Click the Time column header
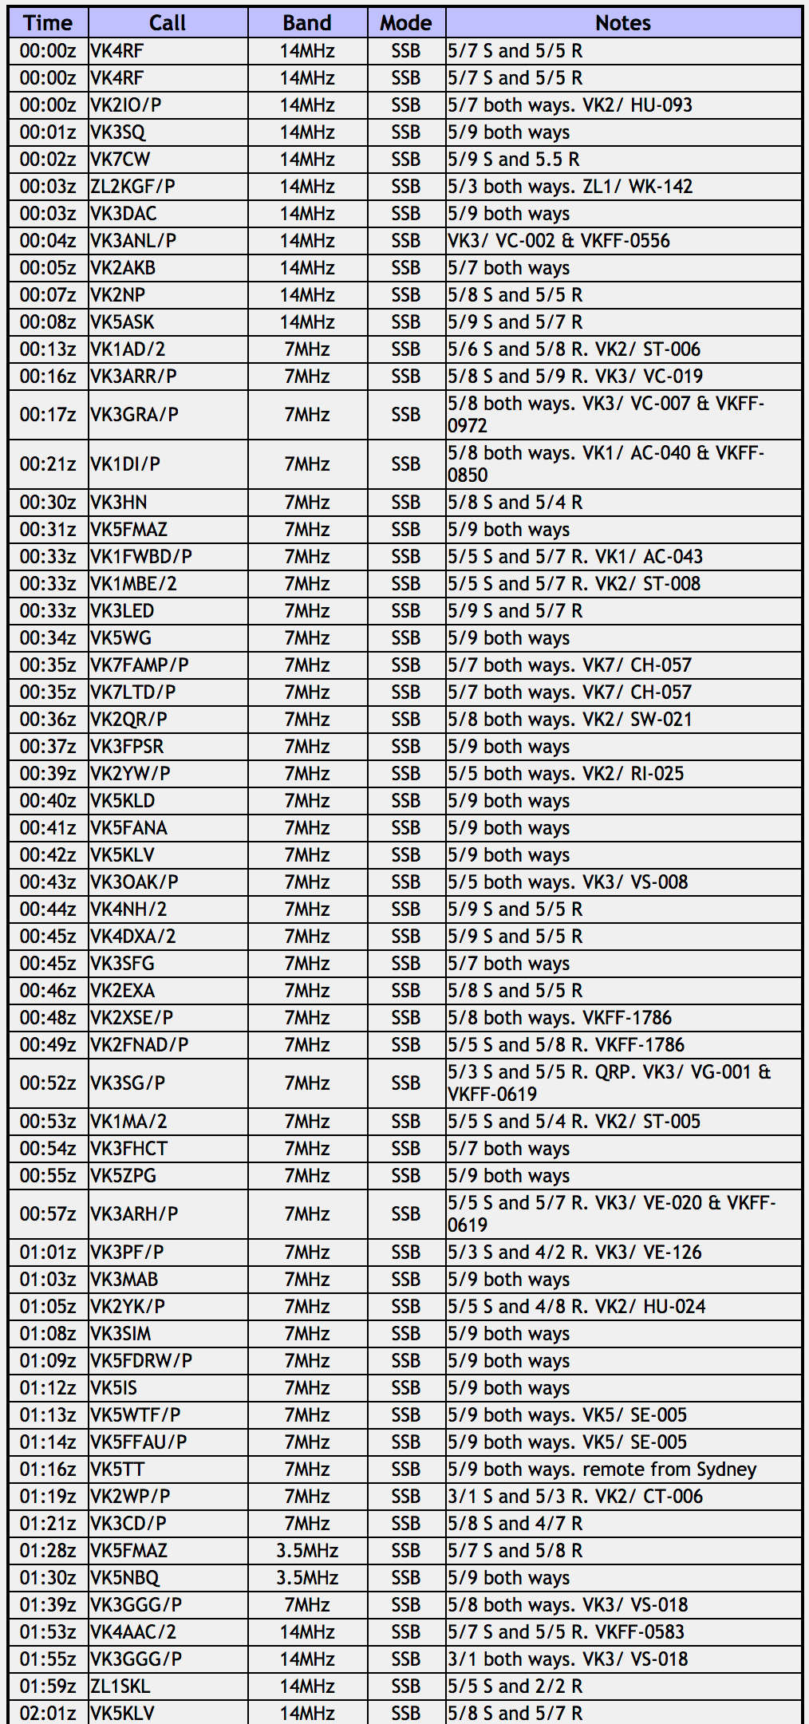48,22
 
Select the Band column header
307,22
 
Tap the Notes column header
623,22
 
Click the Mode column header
406,22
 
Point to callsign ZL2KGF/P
133,187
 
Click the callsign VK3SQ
118,132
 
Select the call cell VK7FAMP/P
140,665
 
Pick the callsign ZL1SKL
120,1687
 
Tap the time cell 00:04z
48,241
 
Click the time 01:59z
48,1687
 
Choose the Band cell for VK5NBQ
307,1578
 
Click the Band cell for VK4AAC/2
307,1632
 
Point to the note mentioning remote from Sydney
602,1470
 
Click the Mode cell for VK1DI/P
406,464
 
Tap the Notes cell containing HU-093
570,105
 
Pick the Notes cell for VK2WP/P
575,1497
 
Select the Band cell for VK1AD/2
307,349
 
